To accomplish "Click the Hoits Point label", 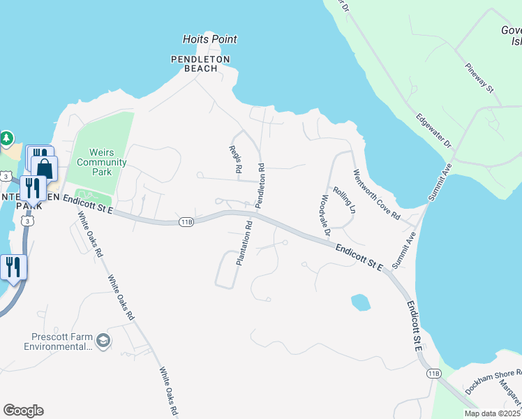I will point(209,40).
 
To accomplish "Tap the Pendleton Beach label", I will point(201,64).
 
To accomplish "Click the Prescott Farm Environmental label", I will point(58,341).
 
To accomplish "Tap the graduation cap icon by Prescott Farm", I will point(103,340).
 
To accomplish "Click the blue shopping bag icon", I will point(45,168).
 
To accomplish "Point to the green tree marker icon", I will point(7,138).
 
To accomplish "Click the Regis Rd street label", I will point(234,159).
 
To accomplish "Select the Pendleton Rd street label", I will point(260,185).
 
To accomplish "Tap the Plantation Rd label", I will point(244,242).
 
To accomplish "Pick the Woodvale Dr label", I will point(325,211).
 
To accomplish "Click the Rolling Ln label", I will point(344,200).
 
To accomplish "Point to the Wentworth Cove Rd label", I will point(375,195).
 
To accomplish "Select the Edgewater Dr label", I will point(433,130).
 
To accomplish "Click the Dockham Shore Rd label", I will point(493,382).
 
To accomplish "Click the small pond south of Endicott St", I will point(360,302).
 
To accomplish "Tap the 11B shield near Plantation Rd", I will point(186,222).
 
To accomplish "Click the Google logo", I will point(23,411).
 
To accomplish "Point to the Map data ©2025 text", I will point(493,413).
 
